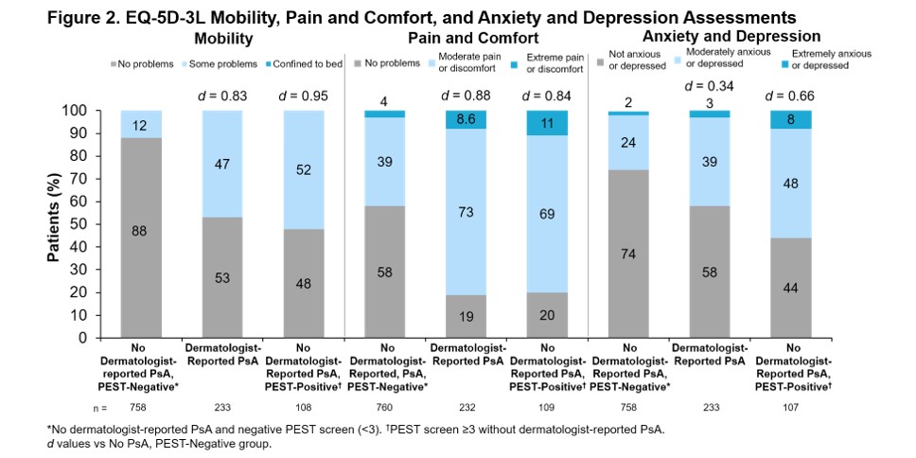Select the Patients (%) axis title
[55, 223]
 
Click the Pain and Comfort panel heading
[473, 39]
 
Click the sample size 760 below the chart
[386, 408]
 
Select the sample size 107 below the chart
[795, 408]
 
